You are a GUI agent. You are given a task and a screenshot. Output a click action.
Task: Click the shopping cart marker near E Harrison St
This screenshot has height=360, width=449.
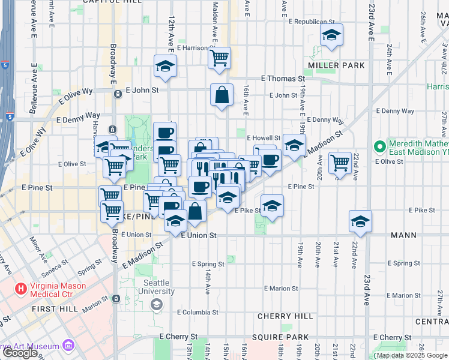click(220, 58)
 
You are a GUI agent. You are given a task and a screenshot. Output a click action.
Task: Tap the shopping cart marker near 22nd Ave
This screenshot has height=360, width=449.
click(340, 162)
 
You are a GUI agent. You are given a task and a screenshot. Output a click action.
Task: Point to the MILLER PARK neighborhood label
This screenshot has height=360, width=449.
click(332, 65)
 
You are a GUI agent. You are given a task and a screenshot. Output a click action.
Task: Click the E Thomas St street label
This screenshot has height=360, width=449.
click(283, 79)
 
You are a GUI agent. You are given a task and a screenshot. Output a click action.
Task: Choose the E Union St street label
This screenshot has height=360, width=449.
click(199, 235)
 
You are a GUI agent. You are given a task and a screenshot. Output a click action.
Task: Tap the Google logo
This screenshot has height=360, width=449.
click(20, 353)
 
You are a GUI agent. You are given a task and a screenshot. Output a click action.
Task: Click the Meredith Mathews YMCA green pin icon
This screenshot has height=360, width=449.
click(379, 146)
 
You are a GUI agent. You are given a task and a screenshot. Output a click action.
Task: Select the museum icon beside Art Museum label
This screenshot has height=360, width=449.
click(68, 346)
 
